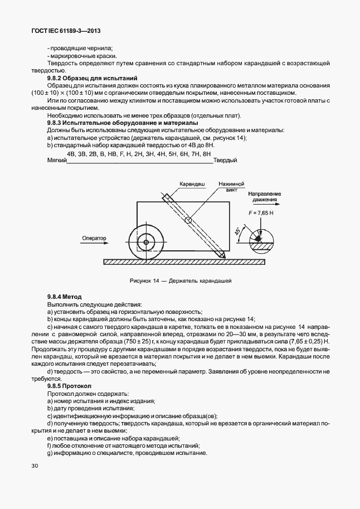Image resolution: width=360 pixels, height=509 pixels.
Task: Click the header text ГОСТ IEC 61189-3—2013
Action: (69, 31)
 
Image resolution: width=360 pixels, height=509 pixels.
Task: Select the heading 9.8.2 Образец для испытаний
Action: (92, 79)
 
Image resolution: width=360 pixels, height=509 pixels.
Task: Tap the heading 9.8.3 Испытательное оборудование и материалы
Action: (122, 122)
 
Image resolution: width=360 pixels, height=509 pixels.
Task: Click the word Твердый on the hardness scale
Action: (226, 161)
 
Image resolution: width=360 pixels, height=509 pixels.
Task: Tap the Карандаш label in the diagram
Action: (191, 183)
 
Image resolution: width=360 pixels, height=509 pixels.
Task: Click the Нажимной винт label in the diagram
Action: (231, 186)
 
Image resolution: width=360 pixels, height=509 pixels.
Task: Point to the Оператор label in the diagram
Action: (94, 238)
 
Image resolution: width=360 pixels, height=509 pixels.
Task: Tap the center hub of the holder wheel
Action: (146, 243)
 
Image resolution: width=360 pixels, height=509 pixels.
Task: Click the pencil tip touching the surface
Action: (223, 256)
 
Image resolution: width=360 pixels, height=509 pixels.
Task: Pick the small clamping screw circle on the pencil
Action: (189, 221)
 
